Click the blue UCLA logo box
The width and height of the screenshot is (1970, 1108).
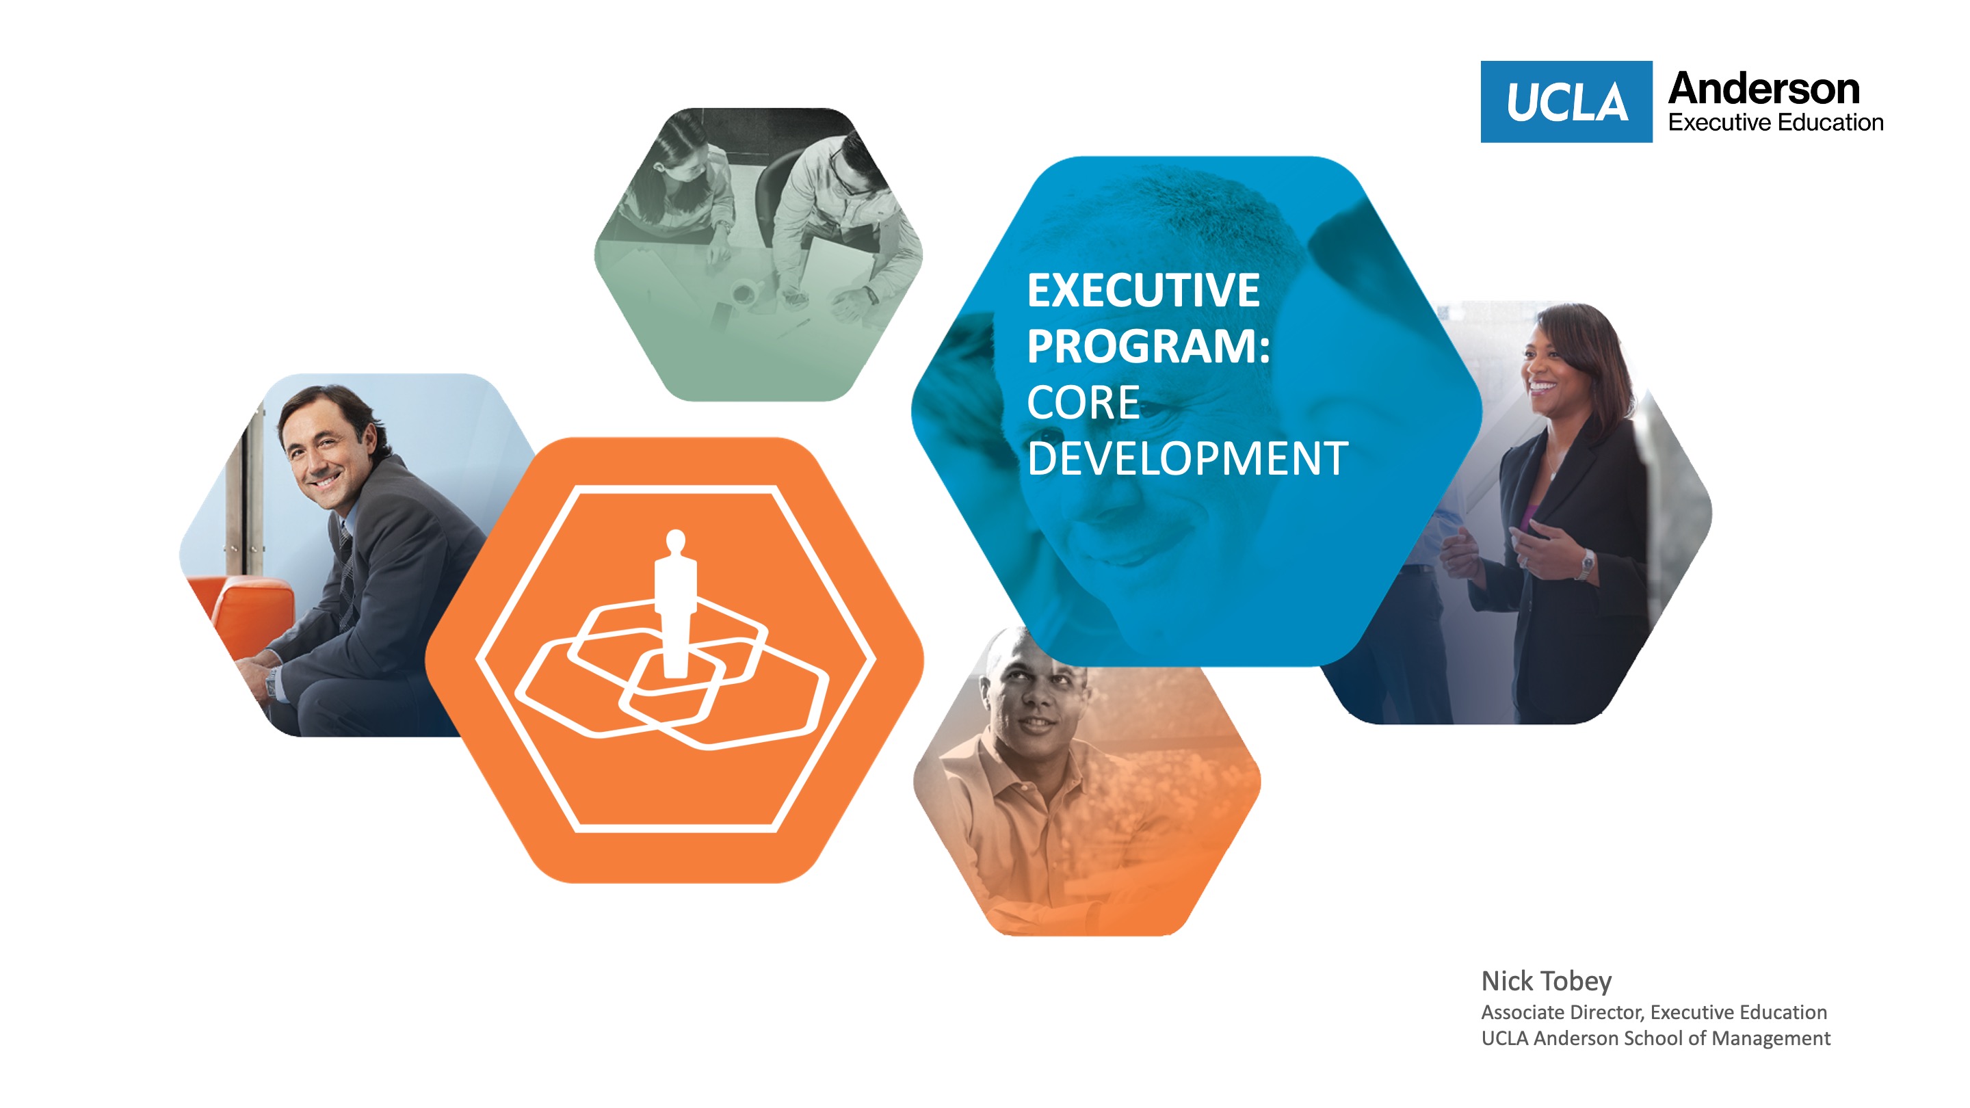[x=1566, y=102]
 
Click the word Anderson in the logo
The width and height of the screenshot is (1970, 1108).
[x=1763, y=89]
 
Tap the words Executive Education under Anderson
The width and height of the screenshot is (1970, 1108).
[x=1775, y=122]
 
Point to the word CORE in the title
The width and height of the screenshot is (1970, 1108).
[x=1083, y=402]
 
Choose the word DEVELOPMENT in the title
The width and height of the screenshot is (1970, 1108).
[x=1187, y=458]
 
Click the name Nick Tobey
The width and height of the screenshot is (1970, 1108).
[x=1547, y=981]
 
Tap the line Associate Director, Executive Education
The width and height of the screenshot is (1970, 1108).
[x=1654, y=1012]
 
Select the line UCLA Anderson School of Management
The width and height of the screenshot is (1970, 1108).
[x=1655, y=1038]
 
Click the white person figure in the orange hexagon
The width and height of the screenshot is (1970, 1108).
[x=674, y=603]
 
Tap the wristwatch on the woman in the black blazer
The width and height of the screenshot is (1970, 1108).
[x=1587, y=566]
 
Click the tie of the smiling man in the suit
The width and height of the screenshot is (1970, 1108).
[x=345, y=574]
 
